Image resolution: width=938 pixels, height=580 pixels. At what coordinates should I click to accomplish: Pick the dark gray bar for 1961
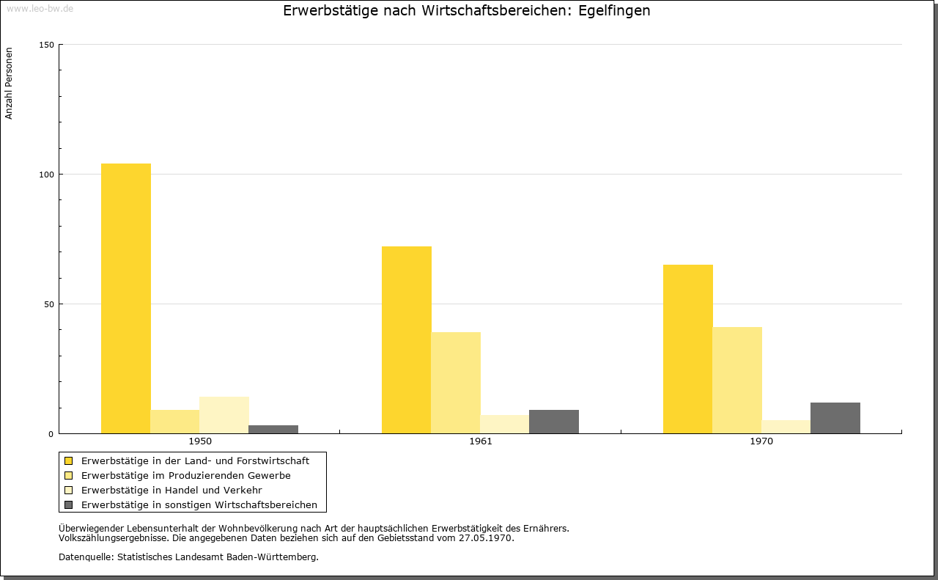554,422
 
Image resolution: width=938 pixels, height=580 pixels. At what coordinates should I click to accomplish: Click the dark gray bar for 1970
835,418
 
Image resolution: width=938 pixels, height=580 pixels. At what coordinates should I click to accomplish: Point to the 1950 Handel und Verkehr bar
224,415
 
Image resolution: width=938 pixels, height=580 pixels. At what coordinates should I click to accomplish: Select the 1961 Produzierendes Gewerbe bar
456,383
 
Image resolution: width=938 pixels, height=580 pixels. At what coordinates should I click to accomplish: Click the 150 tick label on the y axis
47,45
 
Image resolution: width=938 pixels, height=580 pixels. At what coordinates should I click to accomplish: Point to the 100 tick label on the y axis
47,175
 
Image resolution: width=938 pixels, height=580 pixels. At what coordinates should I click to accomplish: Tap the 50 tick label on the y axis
49,304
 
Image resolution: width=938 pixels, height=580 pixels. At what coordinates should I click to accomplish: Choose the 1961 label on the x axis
481,441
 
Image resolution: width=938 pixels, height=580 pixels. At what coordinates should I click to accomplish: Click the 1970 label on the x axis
761,441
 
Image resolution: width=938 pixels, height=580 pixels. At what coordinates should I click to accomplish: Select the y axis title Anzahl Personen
10,84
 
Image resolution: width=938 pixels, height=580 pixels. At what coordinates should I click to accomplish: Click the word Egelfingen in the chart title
614,11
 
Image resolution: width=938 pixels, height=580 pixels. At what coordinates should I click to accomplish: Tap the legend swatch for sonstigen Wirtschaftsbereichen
69,504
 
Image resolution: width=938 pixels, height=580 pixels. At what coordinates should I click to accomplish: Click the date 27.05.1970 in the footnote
485,537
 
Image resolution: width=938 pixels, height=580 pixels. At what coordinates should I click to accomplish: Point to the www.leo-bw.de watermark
39,9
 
